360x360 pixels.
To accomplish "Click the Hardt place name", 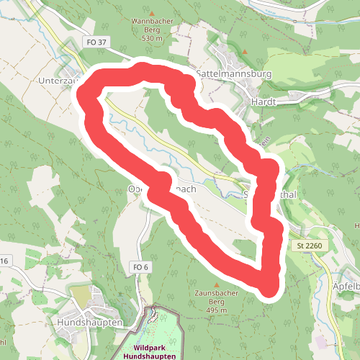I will [263, 102].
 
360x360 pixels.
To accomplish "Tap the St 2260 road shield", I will [308, 246].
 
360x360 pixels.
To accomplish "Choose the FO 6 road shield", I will [140, 267].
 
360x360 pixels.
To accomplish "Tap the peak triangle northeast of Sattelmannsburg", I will [245, 52].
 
